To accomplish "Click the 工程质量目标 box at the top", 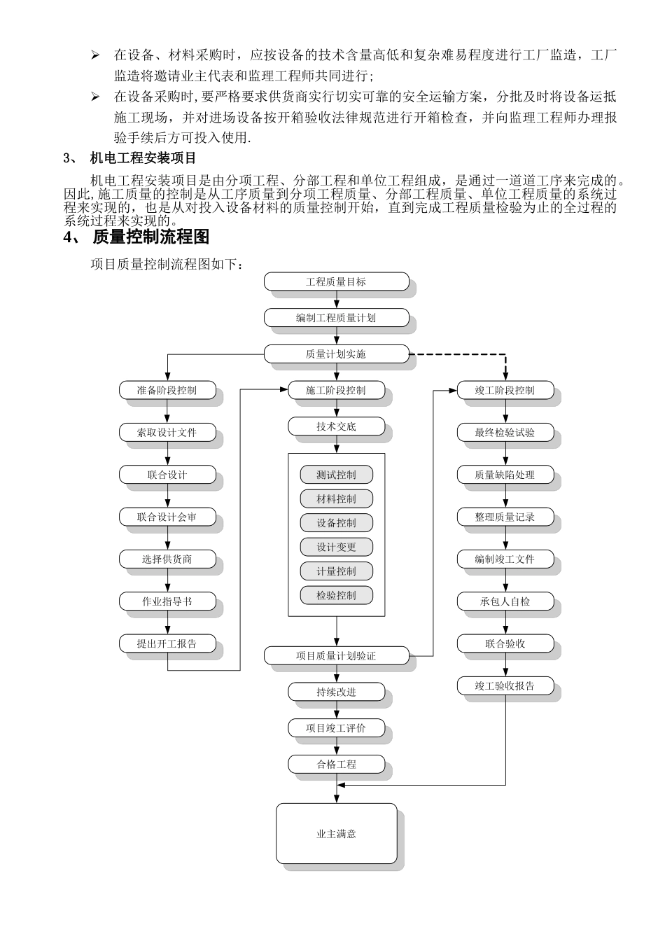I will [336, 282].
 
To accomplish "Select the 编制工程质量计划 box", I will [336, 318].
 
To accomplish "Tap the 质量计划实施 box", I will [336, 354].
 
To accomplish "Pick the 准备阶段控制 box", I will [167, 390].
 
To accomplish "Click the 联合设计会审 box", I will [167, 517].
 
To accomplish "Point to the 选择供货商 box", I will [167, 559].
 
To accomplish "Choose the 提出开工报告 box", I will [167, 643].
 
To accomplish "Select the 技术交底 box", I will [336, 426].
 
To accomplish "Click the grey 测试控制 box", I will [336, 475].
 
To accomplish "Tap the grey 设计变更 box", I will [336, 547].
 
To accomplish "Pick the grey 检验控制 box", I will [336, 595].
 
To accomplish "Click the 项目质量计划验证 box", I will [336, 656].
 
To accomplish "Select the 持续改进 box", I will [336, 692].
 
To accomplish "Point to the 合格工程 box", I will [336, 765].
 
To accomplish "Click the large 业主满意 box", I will [336, 834].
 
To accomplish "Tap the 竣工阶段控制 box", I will [505, 390].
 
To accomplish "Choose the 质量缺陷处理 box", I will [505, 475].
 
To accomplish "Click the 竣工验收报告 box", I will [505, 686].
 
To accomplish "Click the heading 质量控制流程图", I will [150, 237].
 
